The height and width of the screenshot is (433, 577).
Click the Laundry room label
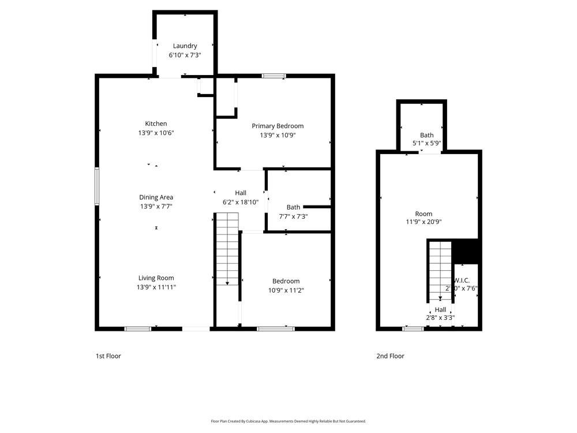[185, 46]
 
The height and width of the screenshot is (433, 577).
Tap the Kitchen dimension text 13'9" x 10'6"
[156, 133]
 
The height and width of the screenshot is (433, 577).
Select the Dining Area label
[156, 197]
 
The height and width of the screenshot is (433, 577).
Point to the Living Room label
[156, 278]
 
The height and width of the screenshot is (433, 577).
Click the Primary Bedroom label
[278, 126]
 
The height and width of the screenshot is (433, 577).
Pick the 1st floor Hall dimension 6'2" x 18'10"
[241, 202]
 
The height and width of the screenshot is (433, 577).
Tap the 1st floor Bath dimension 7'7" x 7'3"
[293, 216]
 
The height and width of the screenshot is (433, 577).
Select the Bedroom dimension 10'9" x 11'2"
[286, 290]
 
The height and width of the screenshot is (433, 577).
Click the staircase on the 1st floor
[227, 248]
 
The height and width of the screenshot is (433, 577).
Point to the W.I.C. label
[462, 280]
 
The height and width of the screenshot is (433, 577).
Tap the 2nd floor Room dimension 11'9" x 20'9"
[428, 222]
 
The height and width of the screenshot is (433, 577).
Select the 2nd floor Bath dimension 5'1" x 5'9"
[426, 143]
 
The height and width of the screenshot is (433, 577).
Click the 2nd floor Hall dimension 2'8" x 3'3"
[440, 318]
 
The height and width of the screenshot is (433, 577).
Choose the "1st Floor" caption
[108, 356]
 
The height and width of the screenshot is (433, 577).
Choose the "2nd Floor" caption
[391, 356]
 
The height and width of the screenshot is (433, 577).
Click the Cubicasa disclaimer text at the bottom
[288, 421]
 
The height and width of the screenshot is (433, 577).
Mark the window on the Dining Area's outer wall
[97, 186]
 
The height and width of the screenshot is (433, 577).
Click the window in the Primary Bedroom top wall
[273, 76]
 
